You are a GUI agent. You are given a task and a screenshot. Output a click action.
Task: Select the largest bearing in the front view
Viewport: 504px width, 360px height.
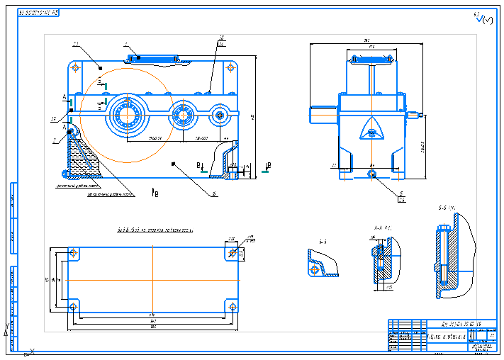(128, 113)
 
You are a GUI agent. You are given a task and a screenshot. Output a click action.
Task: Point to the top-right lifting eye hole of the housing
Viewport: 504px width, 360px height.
(229, 69)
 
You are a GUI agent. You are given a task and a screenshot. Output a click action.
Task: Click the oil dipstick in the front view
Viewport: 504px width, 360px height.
(72, 130)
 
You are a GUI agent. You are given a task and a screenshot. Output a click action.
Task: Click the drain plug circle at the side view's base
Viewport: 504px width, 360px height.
(372, 172)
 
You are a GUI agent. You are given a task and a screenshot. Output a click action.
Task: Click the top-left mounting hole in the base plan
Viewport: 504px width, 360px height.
(74, 254)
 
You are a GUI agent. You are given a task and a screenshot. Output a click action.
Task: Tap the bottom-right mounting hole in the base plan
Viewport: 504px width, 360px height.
(232, 306)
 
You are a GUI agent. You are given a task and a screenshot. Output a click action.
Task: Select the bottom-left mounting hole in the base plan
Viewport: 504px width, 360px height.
(74, 306)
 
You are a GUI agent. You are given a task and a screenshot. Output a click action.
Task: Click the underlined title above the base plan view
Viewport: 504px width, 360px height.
(154, 230)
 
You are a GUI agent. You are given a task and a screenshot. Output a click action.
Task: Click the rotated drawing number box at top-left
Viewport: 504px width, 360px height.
(39, 13)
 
